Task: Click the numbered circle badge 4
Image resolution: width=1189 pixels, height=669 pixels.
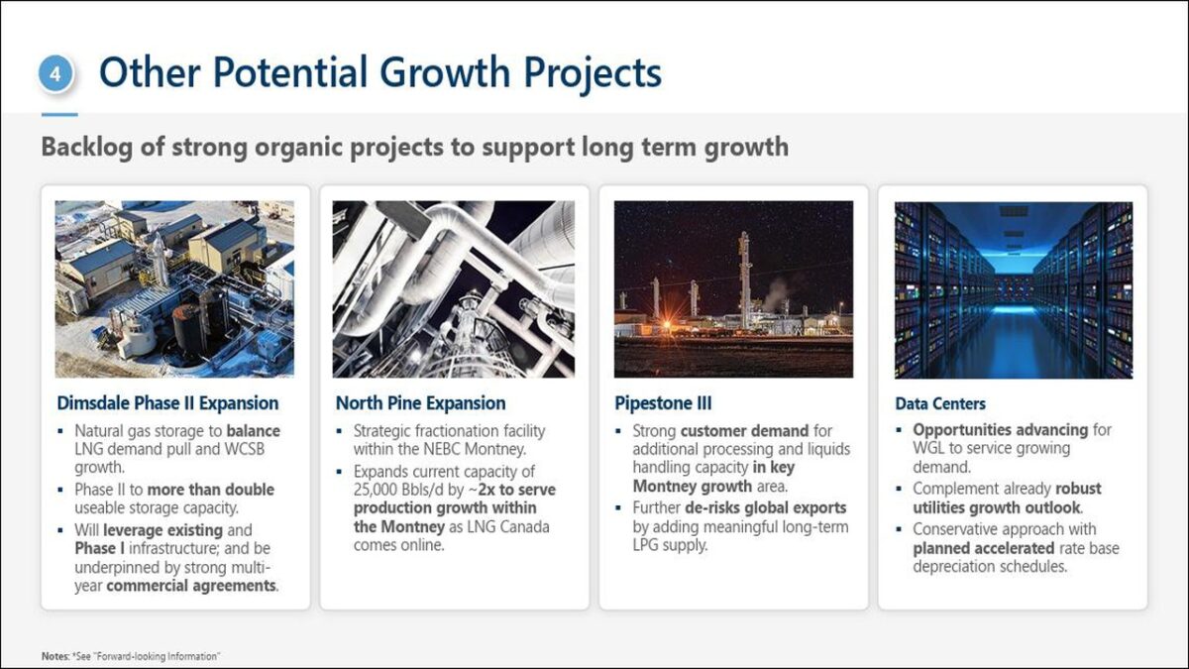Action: point(55,73)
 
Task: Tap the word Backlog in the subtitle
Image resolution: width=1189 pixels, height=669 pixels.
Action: point(87,148)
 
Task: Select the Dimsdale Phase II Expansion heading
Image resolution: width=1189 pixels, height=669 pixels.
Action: point(167,403)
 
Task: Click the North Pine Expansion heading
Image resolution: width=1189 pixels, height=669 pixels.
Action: point(420,403)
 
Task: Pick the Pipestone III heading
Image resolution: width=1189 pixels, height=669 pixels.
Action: point(663,403)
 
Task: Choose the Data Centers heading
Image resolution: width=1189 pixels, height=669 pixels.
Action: point(940,403)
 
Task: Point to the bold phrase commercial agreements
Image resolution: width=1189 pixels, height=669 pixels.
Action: point(191,586)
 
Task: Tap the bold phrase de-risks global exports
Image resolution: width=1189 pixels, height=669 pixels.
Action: point(765,507)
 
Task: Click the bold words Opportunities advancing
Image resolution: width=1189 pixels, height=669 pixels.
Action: point(1001,429)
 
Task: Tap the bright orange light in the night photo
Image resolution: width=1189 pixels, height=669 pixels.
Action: point(667,323)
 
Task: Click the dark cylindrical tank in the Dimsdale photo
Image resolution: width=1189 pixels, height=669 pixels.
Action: point(188,329)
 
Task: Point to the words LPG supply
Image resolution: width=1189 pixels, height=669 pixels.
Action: point(670,545)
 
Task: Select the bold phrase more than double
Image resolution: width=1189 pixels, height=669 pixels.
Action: point(211,490)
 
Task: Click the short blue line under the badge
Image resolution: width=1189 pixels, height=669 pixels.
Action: point(59,114)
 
